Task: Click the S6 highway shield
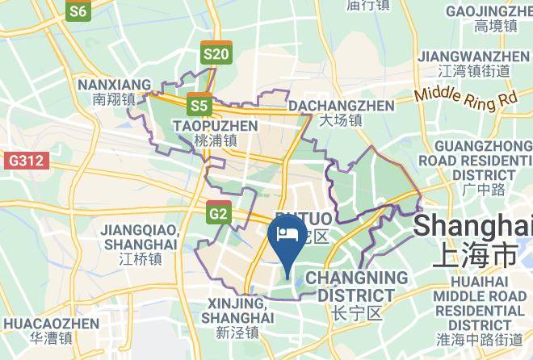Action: tap(78, 10)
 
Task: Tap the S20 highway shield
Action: tap(216, 52)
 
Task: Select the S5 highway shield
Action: tap(199, 104)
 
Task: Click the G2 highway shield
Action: tap(218, 213)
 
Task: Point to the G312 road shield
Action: tap(25, 161)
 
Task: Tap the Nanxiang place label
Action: tap(113, 92)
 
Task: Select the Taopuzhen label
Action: tap(215, 132)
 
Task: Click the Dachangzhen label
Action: tap(341, 113)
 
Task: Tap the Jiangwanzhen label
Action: tap(472, 63)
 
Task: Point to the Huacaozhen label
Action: tap(51, 330)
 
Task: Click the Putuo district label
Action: tap(311, 227)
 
